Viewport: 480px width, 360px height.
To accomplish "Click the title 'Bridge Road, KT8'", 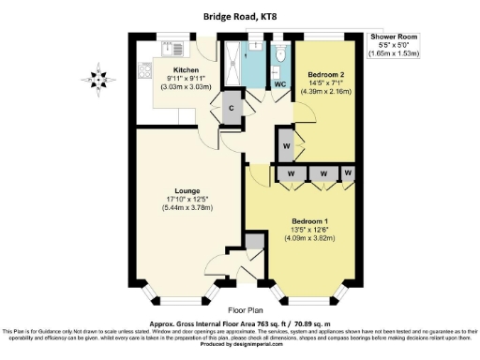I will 240,15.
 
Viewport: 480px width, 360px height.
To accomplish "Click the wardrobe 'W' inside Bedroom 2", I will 285,147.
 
